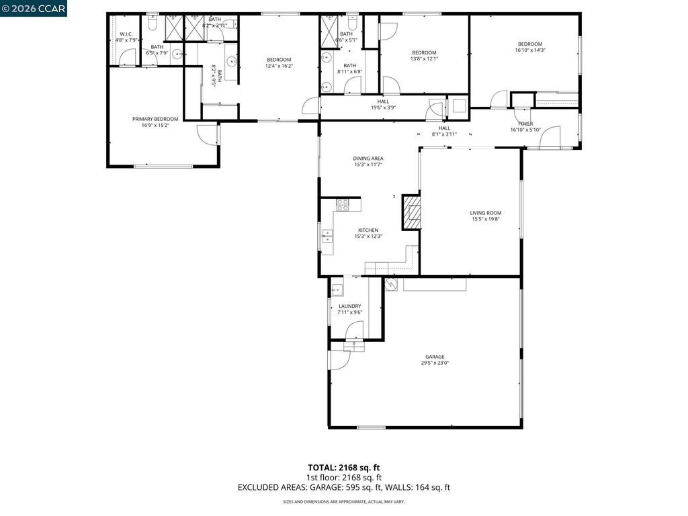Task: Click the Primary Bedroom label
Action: point(155,119)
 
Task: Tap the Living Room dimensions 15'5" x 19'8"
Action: point(486,219)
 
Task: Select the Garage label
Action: point(434,357)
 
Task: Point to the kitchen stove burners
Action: point(342,204)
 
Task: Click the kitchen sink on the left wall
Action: point(328,236)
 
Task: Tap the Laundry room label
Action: point(349,306)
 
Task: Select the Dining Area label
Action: point(368,159)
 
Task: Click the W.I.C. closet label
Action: point(126,34)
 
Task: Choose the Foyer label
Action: point(525,124)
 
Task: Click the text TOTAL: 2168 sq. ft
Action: point(343,467)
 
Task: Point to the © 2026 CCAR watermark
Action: point(34,8)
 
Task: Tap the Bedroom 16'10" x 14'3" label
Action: point(529,44)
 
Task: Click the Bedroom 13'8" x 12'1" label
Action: point(424,53)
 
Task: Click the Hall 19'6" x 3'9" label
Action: point(383,101)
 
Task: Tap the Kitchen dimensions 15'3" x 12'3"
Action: point(368,236)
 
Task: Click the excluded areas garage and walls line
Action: point(343,488)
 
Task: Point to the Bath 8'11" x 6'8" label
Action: point(349,66)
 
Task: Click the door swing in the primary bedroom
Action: point(206,133)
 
